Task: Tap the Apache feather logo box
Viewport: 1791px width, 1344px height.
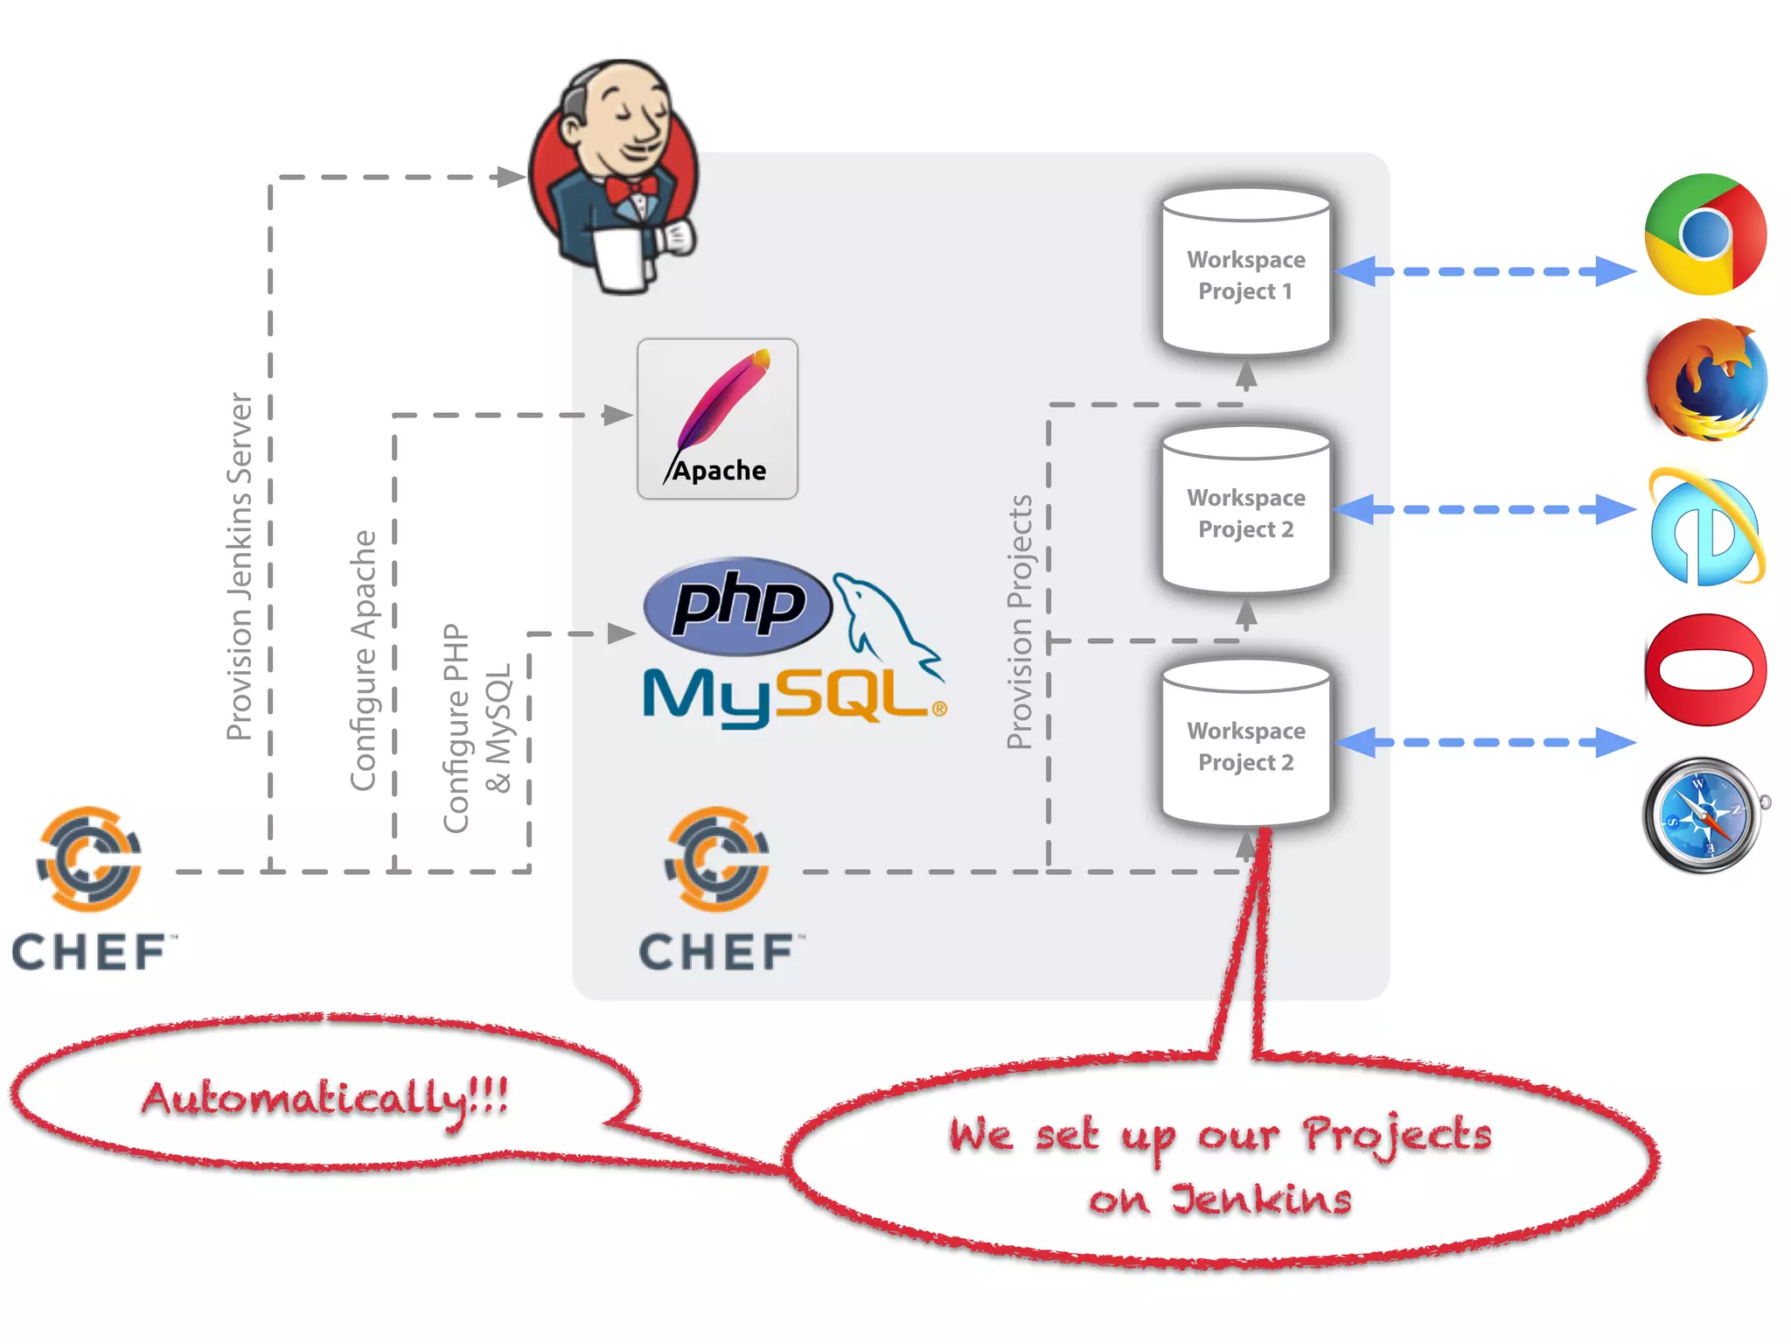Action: [717, 419]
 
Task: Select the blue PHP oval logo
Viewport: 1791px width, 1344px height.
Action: [737, 605]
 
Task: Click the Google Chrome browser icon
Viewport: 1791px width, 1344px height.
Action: [1705, 234]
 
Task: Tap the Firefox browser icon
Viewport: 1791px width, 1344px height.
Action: [1705, 381]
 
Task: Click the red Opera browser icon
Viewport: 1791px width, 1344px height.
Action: [1705, 670]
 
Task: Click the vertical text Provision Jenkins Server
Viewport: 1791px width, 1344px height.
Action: [240, 567]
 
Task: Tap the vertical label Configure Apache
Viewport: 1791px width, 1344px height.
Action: [363, 661]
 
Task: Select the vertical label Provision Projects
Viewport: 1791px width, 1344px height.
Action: [1020, 622]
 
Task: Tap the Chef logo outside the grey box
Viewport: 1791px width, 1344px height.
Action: [89, 888]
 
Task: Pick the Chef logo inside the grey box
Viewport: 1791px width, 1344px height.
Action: [717, 888]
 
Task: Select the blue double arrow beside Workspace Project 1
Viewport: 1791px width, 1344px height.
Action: [1486, 271]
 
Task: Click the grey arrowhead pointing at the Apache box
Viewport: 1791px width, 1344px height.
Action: [617, 415]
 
